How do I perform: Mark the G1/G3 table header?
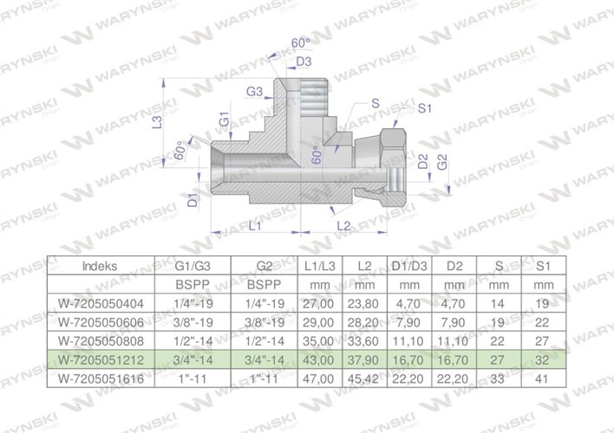pos(170,266)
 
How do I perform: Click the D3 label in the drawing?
pos(304,61)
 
